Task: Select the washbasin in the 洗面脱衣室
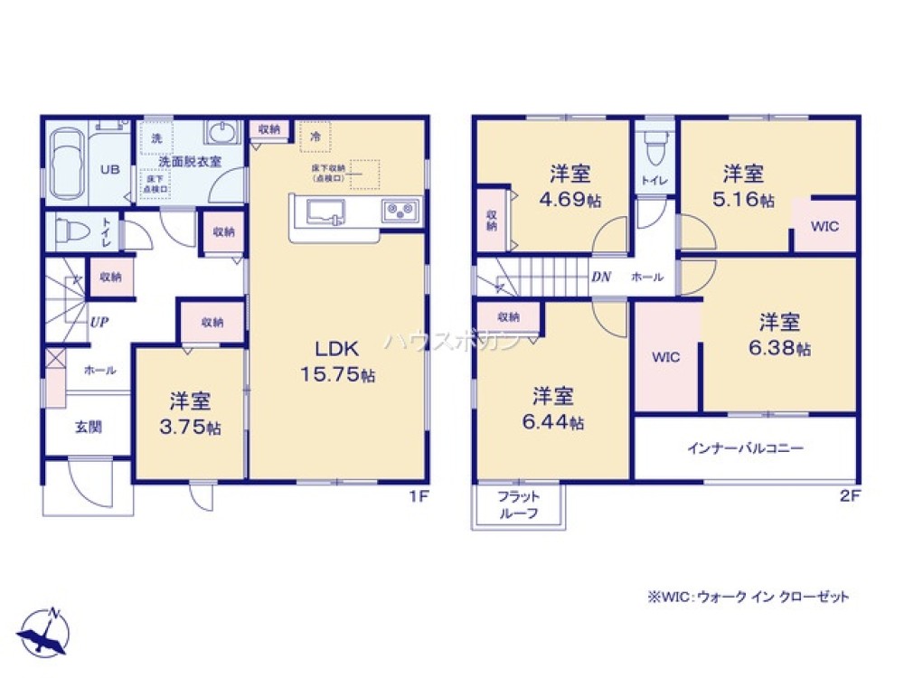point(221,134)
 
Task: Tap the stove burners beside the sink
point(398,211)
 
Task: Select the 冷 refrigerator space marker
point(315,136)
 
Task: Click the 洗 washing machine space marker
point(156,138)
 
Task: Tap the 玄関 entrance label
point(88,426)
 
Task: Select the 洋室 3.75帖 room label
point(191,412)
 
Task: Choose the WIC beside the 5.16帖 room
point(824,226)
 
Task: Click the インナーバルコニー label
point(746,447)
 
